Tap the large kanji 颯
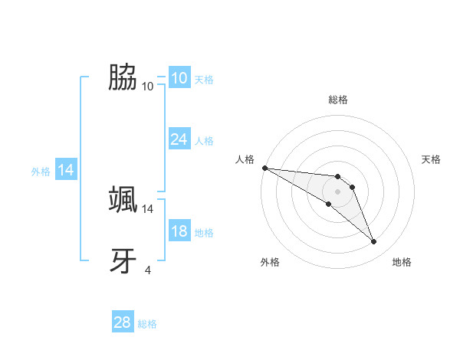123,199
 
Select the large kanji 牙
123,260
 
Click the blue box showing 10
179,78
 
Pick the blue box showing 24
179,139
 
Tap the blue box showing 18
179,231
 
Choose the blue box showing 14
66,170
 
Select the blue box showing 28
122,322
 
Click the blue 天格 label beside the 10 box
204,80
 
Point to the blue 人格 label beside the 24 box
204,141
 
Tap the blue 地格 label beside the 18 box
204,233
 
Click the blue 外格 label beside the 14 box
41,172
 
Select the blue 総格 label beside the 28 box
147,324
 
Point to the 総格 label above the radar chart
337,100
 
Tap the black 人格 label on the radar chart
245,159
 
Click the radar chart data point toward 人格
264,167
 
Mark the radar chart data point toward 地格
373,242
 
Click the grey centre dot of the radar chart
337,191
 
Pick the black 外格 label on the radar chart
270,262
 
